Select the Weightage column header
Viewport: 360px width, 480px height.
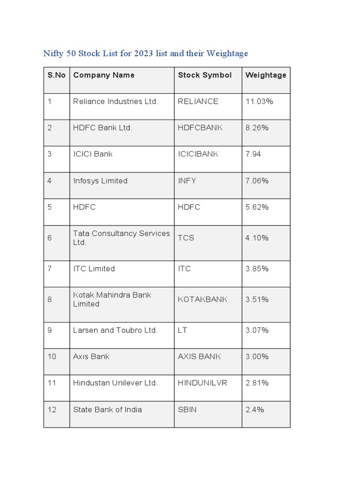point(266,75)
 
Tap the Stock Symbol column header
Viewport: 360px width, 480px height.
point(205,75)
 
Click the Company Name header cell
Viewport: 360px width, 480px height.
point(104,75)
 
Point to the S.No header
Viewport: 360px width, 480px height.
point(56,75)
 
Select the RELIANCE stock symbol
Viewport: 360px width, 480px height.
point(198,101)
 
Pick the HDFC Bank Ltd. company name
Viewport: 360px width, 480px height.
point(103,127)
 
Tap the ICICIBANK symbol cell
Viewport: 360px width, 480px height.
point(198,154)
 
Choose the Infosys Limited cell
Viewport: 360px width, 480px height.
point(100,180)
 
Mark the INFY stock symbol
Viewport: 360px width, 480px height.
point(187,180)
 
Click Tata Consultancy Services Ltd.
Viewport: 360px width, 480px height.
point(121,238)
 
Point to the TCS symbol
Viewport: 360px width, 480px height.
point(186,238)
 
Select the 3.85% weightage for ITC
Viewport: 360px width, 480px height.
point(257,269)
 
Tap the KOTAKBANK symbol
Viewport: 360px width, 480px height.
point(202,300)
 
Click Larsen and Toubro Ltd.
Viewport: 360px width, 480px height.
point(115,330)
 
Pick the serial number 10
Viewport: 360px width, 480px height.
point(52,356)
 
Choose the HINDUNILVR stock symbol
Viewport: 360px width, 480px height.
point(202,383)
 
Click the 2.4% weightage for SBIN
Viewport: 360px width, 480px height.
point(255,409)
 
